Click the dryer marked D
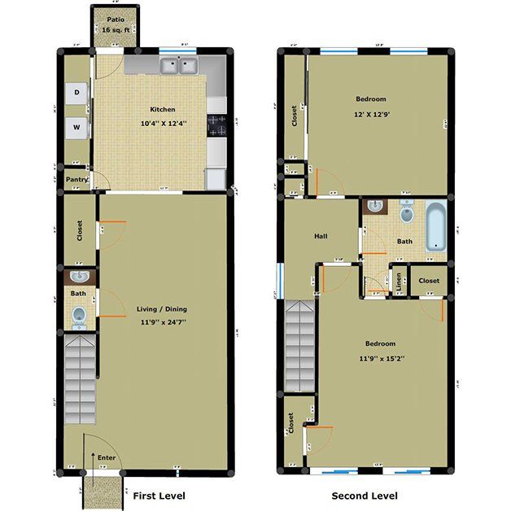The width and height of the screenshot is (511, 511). tap(77, 92)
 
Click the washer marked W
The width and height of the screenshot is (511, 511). tap(77, 127)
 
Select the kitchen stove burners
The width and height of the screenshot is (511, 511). tap(216, 124)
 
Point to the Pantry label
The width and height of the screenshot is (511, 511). tap(76, 179)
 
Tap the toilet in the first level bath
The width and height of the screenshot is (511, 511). tap(79, 316)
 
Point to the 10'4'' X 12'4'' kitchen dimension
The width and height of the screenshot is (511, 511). tap(162, 124)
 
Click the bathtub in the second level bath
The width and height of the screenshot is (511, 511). tap(437, 225)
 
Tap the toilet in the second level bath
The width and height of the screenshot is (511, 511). tap(408, 216)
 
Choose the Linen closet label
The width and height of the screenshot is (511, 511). tap(399, 282)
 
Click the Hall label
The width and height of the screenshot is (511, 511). tap(321, 236)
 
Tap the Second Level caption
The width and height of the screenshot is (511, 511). tap(364, 496)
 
